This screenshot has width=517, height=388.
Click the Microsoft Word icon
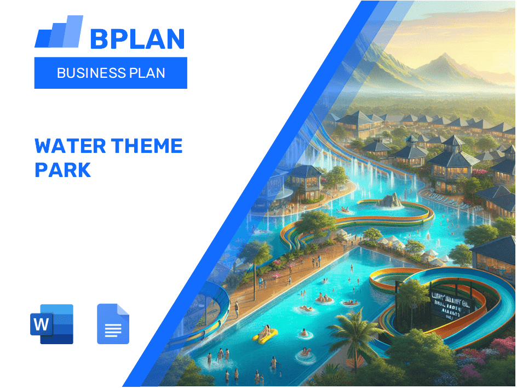point(52,324)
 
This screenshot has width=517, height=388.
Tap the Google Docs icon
point(113,324)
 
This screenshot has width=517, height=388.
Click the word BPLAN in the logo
point(137,38)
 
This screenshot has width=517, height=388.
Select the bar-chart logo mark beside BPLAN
point(59,33)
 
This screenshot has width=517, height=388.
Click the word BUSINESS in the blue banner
point(90,73)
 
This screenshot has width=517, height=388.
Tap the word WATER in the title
point(68,146)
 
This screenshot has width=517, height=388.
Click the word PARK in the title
point(62,170)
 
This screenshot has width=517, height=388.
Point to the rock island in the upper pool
point(390,201)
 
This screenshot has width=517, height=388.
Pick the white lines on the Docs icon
point(113,329)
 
